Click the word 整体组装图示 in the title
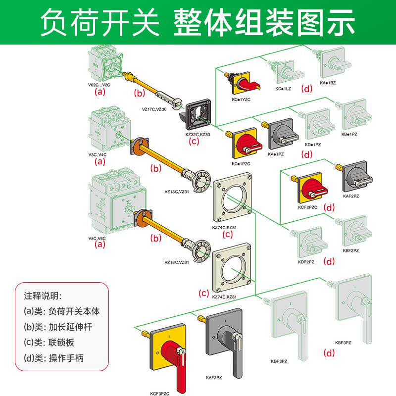[x=264, y=22]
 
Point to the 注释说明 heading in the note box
[x=43, y=296]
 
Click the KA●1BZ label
[x=329, y=83]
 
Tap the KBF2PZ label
[x=351, y=250]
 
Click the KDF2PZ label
[x=305, y=261]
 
